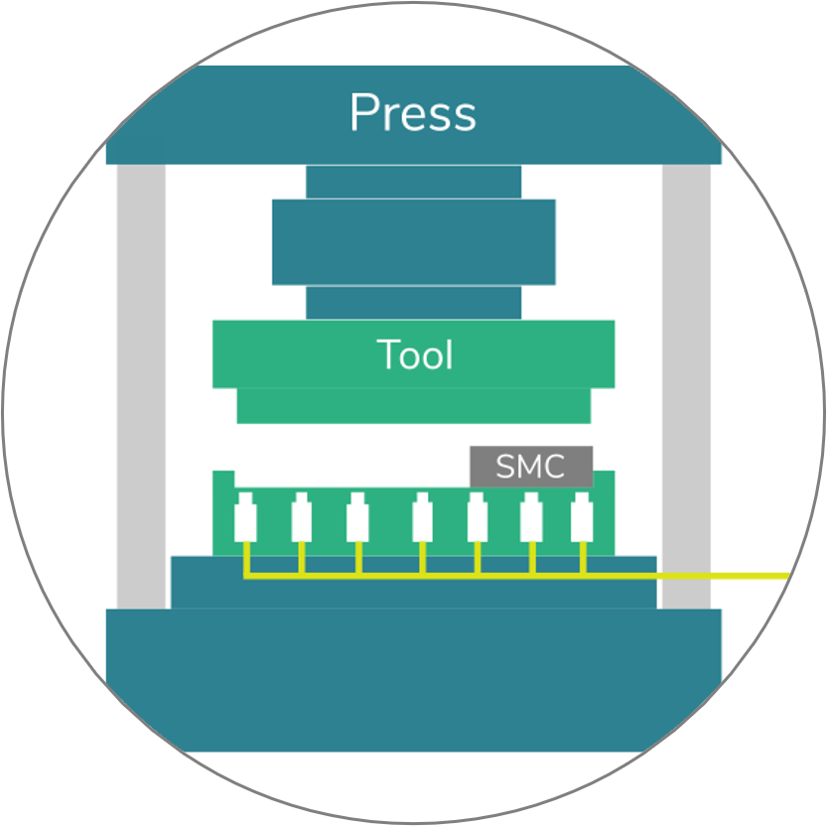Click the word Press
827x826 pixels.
point(413,112)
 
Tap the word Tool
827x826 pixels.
point(415,353)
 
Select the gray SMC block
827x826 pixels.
point(531,467)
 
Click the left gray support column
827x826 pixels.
point(141,386)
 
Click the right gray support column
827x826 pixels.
point(686,386)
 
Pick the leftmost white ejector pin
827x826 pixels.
point(245,517)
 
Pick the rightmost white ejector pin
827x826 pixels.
point(582,517)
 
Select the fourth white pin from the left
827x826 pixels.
point(423,517)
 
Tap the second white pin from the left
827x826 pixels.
point(301,517)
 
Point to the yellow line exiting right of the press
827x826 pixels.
point(723,576)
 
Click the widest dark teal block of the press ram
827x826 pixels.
point(413,242)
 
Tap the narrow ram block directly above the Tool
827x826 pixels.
point(413,303)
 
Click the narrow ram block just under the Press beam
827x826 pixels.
point(413,182)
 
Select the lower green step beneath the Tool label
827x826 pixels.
point(413,406)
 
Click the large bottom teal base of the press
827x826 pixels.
point(413,680)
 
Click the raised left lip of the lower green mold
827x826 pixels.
point(223,479)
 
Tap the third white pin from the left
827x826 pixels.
point(357,517)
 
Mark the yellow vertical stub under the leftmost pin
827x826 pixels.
point(246,558)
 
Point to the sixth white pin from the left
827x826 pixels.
point(531,517)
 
